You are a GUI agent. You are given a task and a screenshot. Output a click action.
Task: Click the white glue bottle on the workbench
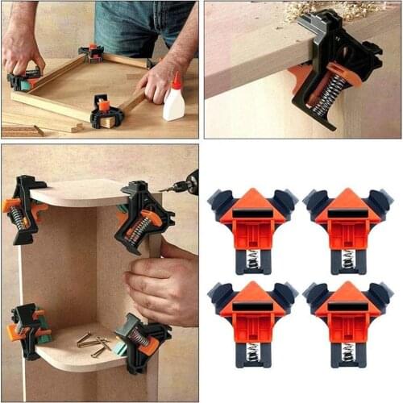173,103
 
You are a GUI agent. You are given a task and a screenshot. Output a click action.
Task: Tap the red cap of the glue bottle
175,81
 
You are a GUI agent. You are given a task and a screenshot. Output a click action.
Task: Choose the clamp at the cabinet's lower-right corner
142,339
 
